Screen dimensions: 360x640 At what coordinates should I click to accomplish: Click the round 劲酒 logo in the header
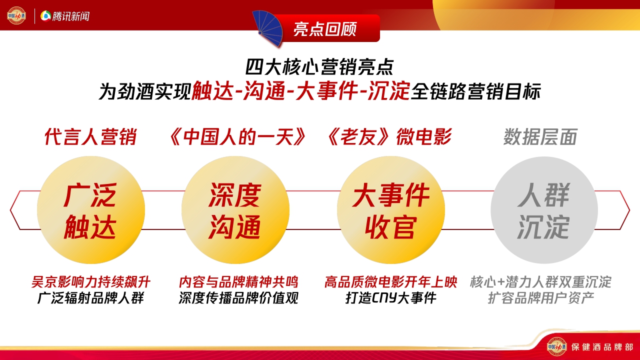point(16,15)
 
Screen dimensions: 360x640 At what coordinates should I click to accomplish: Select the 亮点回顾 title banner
point(325,29)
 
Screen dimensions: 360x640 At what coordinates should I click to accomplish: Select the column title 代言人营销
point(90,137)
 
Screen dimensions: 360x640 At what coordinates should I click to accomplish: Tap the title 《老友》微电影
point(388,137)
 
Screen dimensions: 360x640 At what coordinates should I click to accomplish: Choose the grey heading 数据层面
point(540,137)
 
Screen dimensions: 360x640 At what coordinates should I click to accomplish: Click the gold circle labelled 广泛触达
point(90,210)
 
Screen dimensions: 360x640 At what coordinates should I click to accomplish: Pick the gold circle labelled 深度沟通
point(235,210)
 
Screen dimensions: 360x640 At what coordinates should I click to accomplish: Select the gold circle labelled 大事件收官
point(390,210)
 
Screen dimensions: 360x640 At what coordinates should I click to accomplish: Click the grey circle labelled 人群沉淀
point(543,210)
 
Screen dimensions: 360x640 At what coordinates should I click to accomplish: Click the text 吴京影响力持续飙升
point(90,282)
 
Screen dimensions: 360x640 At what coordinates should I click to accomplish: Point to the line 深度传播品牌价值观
point(238,298)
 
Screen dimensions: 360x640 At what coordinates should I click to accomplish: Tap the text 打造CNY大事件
point(390,298)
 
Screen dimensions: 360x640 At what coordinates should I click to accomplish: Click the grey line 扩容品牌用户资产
point(540,298)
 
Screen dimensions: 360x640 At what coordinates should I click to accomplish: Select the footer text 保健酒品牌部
point(602,346)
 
